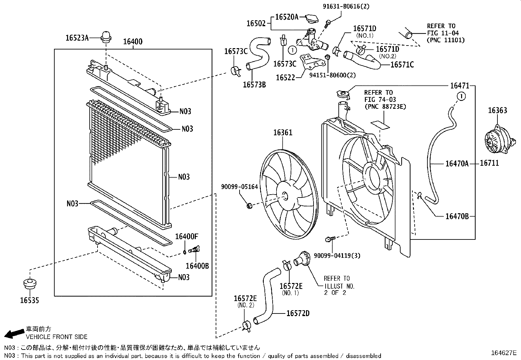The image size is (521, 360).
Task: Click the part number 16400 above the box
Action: point(133,42)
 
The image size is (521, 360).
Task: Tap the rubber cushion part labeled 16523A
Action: point(106,37)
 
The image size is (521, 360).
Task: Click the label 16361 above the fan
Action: point(283,133)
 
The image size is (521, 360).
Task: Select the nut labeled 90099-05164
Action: point(249,206)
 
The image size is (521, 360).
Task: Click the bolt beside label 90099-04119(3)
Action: point(329,239)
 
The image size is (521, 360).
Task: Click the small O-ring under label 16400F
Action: point(185,252)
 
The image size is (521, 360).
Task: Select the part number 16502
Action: point(258,24)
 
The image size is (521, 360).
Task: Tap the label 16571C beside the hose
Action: point(402,65)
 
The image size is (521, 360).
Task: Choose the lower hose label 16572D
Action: point(297,313)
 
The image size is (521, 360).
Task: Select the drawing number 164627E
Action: point(503,353)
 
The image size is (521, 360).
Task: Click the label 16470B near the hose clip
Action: point(457,216)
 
